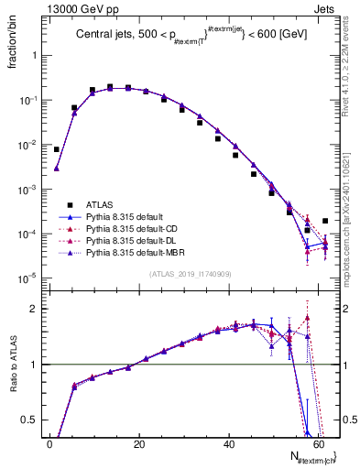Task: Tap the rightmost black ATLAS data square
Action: [x=325, y=221]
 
